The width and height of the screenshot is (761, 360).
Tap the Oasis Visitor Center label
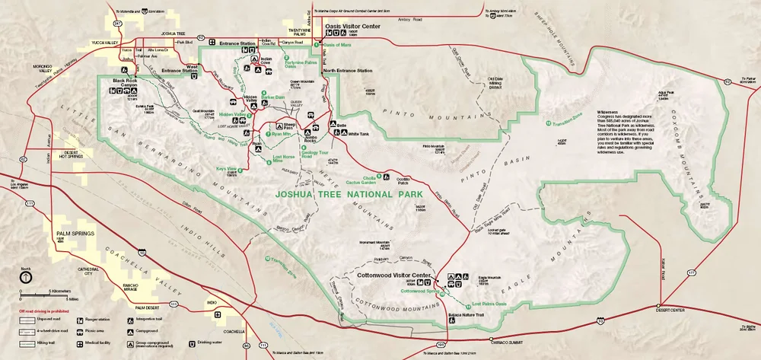click(x=353, y=24)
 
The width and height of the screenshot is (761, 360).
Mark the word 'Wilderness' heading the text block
click(x=600, y=113)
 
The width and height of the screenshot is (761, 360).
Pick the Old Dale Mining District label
click(x=495, y=83)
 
